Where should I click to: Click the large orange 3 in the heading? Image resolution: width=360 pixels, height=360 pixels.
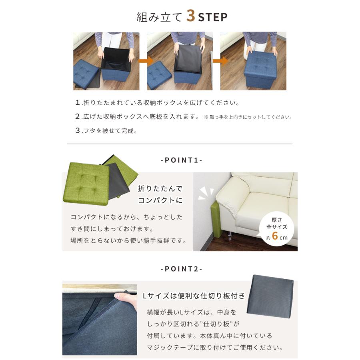pos(191,16)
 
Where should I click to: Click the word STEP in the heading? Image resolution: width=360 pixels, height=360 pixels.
pos(213,17)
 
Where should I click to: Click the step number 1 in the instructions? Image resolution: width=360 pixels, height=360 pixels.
pos(78,102)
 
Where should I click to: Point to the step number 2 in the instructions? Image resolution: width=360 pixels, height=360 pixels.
pos(78,117)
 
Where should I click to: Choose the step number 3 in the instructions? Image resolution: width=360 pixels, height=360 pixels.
pos(78,131)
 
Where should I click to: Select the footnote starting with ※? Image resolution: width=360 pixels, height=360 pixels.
pos(248,117)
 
